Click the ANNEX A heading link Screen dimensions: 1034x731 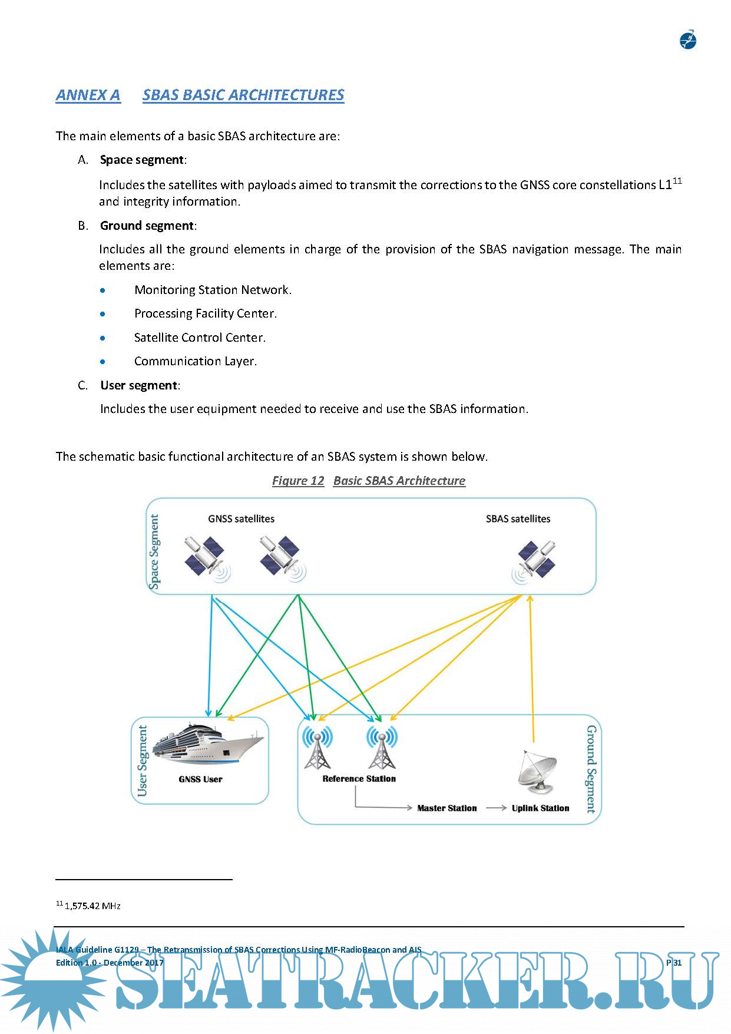pyautogui.click(x=88, y=95)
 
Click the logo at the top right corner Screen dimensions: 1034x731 pyautogui.click(x=688, y=41)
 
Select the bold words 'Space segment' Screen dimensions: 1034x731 pyautogui.click(x=141, y=160)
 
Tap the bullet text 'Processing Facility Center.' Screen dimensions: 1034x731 pyautogui.click(x=205, y=313)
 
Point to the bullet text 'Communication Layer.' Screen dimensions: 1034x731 pyautogui.click(x=195, y=361)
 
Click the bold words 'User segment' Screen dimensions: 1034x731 pyautogui.click(x=138, y=385)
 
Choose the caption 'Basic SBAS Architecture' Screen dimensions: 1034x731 pyautogui.click(x=399, y=481)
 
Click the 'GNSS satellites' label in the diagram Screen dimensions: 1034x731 pyautogui.click(x=241, y=519)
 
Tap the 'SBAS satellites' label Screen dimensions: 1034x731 pyautogui.click(x=518, y=519)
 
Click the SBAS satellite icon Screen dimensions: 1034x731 pyautogui.click(x=535, y=560)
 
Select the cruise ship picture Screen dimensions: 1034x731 pyautogui.click(x=206, y=744)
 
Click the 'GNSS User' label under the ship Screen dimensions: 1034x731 pyautogui.click(x=200, y=779)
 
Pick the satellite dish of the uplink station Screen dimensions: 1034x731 pyautogui.click(x=537, y=771)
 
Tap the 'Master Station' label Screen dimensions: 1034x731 pyautogui.click(x=446, y=808)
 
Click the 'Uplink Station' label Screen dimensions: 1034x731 pyautogui.click(x=540, y=808)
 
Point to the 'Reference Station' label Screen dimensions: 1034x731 pyautogui.click(x=359, y=779)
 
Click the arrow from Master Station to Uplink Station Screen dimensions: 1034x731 pyautogui.click(x=496, y=808)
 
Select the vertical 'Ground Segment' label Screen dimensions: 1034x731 pyautogui.click(x=591, y=769)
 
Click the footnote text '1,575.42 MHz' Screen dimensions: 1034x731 pyautogui.click(x=92, y=906)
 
